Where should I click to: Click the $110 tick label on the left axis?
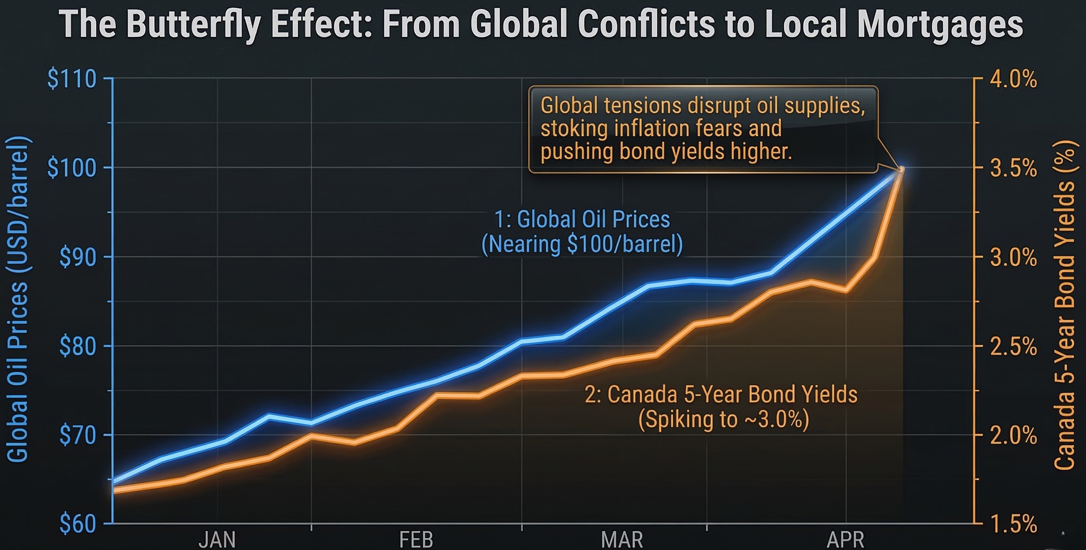(72, 79)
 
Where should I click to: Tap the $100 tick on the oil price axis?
(72, 168)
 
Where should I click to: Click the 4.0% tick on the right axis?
(1012, 80)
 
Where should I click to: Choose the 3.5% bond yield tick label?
(1012, 169)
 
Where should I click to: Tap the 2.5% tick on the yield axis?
(1012, 348)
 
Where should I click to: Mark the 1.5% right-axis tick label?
(1012, 525)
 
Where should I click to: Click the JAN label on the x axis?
(217, 540)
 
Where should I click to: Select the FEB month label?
(416, 540)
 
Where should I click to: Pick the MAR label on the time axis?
(622, 540)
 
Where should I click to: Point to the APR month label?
(845, 540)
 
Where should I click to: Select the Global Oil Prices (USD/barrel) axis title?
(19, 299)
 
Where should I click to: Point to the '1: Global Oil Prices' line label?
(582, 219)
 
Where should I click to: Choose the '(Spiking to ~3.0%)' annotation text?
(723, 420)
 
